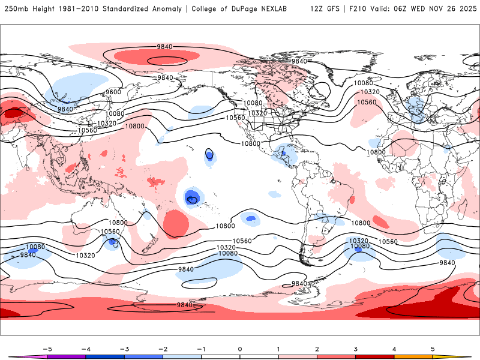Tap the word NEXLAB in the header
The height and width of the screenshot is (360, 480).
281,9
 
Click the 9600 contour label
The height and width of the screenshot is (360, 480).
113,92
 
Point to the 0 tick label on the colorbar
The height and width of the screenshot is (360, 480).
240,349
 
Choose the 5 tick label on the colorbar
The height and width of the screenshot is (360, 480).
433,349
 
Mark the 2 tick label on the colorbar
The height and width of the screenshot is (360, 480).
317,349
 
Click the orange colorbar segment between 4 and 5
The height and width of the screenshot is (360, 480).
413,356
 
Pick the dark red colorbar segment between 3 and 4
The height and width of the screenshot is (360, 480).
375,356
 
